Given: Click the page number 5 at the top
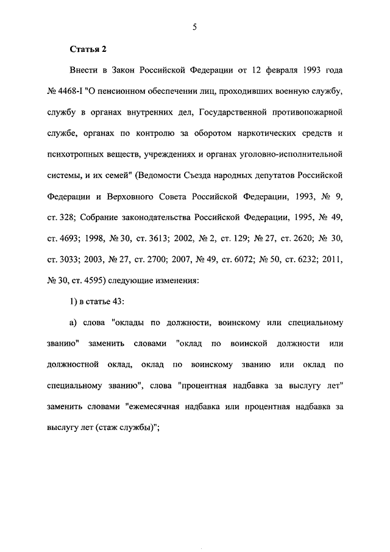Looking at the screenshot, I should tap(194, 26).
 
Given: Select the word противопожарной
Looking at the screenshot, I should tap(309, 113).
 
